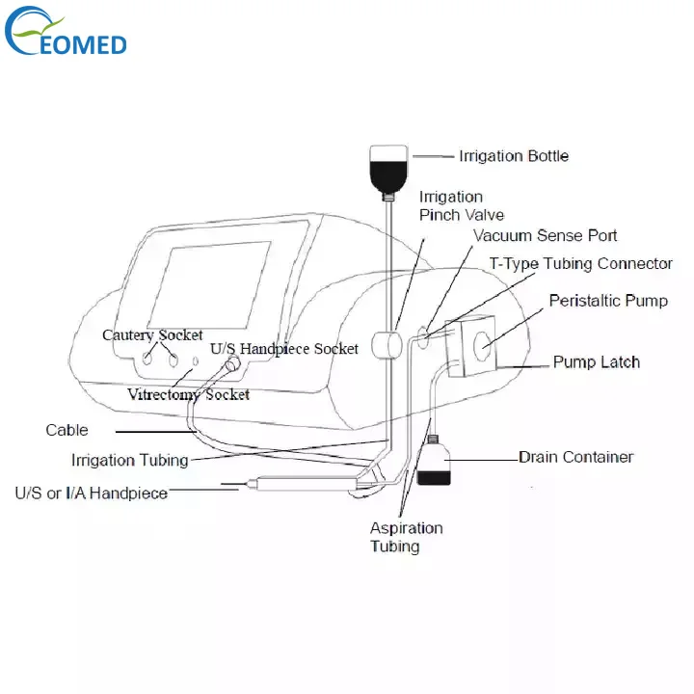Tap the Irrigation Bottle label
pyautogui.click(x=514, y=156)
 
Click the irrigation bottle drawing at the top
pyautogui.click(x=389, y=165)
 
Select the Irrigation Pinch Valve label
pyautogui.click(x=461, y=206)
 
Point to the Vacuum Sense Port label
pyautogui.click(x=545, y=235)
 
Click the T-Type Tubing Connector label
pyautogui.click(x=581, y=264)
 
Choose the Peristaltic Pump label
pyautogui.click(x=608, y=302)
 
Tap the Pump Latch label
pyautogui.click(x=596, y=362)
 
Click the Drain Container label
pyautogui.click(x=576, y=457)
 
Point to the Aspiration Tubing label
pyautogui.click(x=406, y=537)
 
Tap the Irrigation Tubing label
pyautogui.click(x=129, y=461)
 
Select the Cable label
pyautogui.click(x=67, y=430)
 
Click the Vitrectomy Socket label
pyautogui.click(x=189, y=394)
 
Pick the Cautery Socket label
pyautogui.click(x=153, y=335)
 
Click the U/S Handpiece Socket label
pyautogui.click(x=283, y=349)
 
